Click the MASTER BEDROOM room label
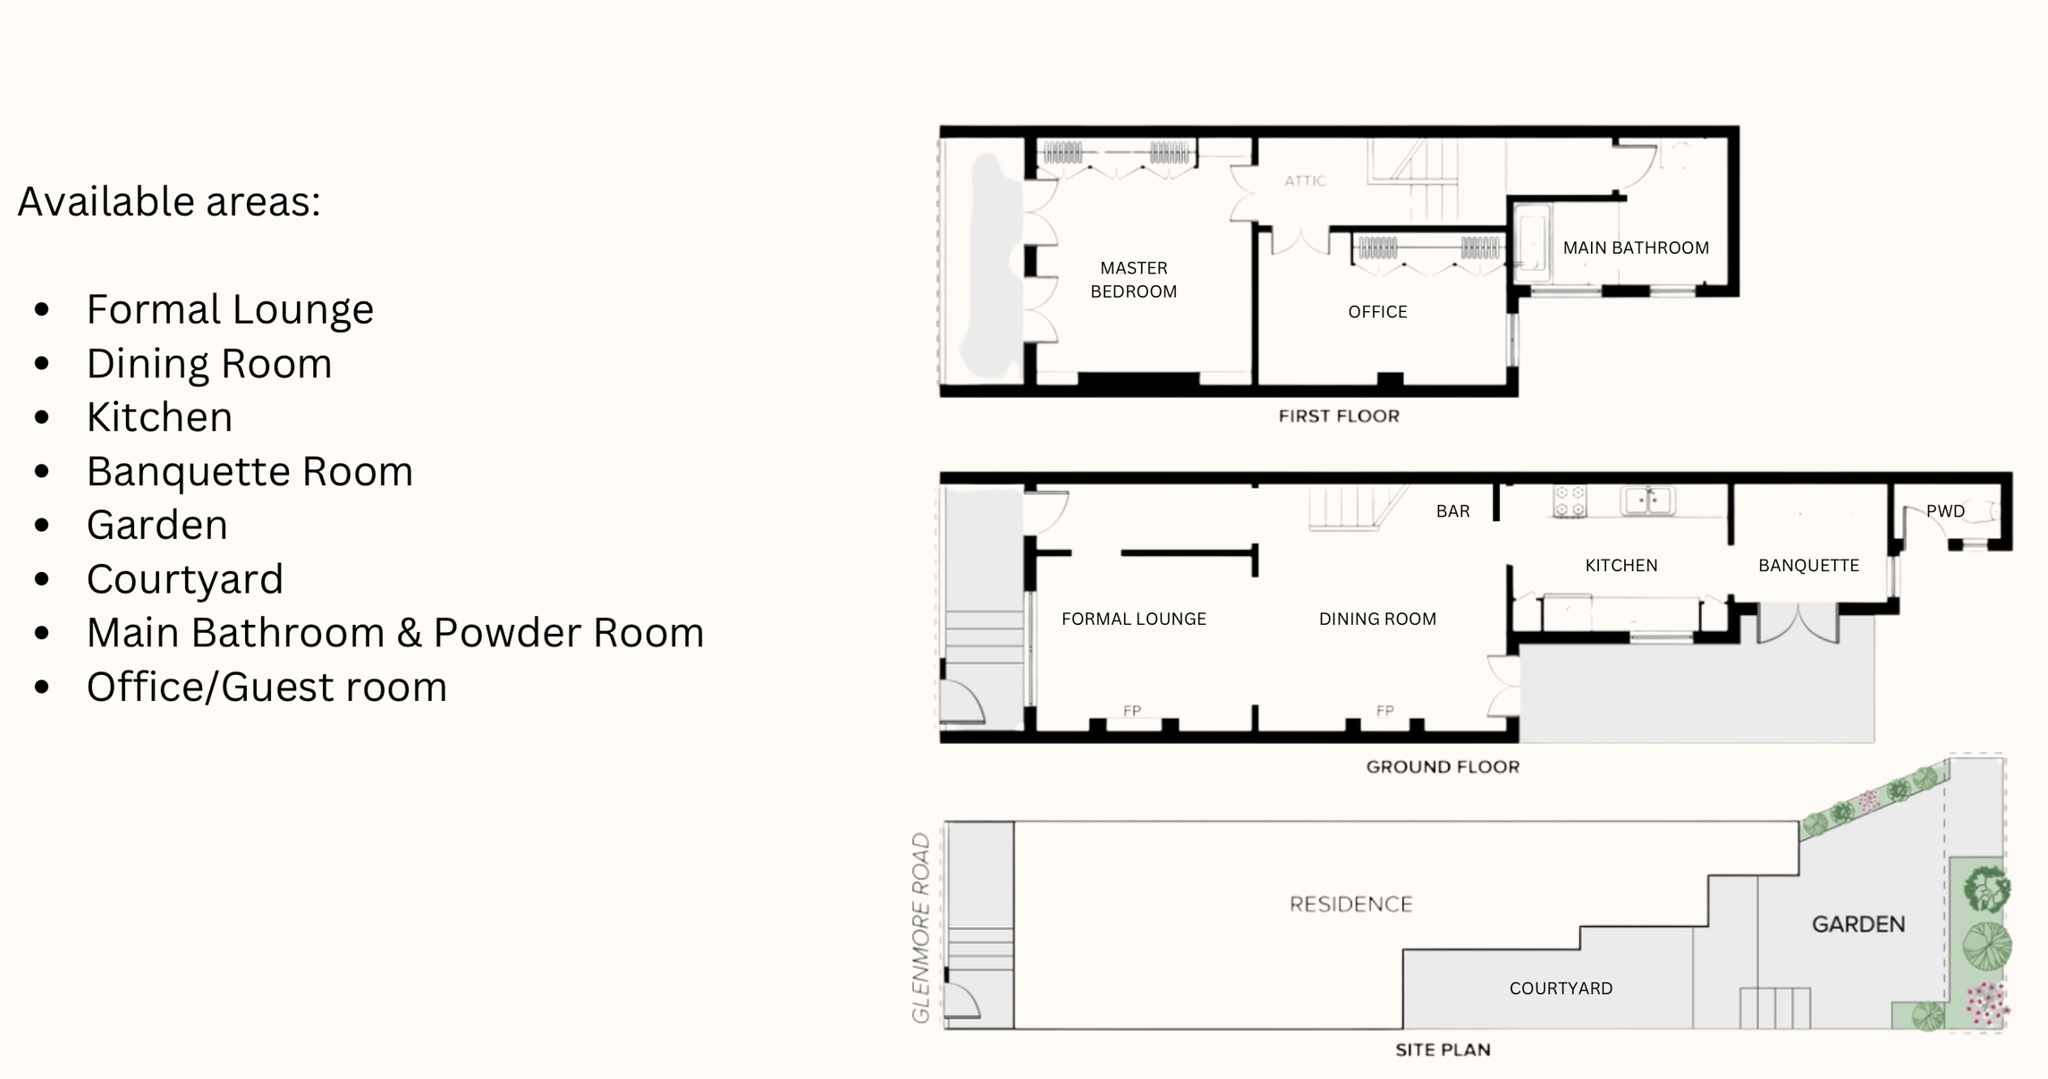click(x=1133, y=280)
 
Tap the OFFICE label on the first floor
click(x=1377, y=312)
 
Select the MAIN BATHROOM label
click(x=1635, y=248)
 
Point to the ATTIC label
click(x=1305, y=181)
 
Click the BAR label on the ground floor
click(x=1452, y=511)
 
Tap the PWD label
click(x=1945, y=511)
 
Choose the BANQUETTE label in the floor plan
click(x=1808, y=566)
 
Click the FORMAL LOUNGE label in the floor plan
click(x=1133, y=619)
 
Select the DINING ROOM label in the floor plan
click(x=1377, y=619)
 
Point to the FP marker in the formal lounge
click(x=1132, y=711)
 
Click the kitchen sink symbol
click(x=1647, y=501)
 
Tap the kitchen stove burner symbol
click(x=1570, y=502)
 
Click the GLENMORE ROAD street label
click(x=921, y=927)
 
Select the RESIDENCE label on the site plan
click(x=1350, y=905)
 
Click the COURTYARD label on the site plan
click(x=1561, y=989)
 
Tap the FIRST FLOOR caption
click(x=1338, y=416)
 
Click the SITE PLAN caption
click(x=1443, y=1049)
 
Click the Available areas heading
click(x=169, y=201)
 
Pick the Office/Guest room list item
click(x=267, y=687)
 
